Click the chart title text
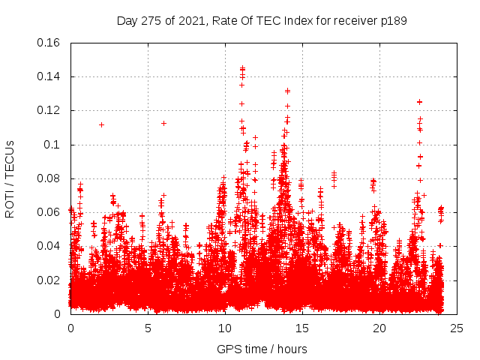262,21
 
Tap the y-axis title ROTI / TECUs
10,178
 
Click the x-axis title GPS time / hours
262,349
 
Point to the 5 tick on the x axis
148,328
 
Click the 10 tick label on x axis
225,328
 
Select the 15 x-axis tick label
302,328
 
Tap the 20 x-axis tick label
379,328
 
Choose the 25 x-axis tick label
457,328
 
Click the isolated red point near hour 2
101,124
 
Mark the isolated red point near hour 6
163,123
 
